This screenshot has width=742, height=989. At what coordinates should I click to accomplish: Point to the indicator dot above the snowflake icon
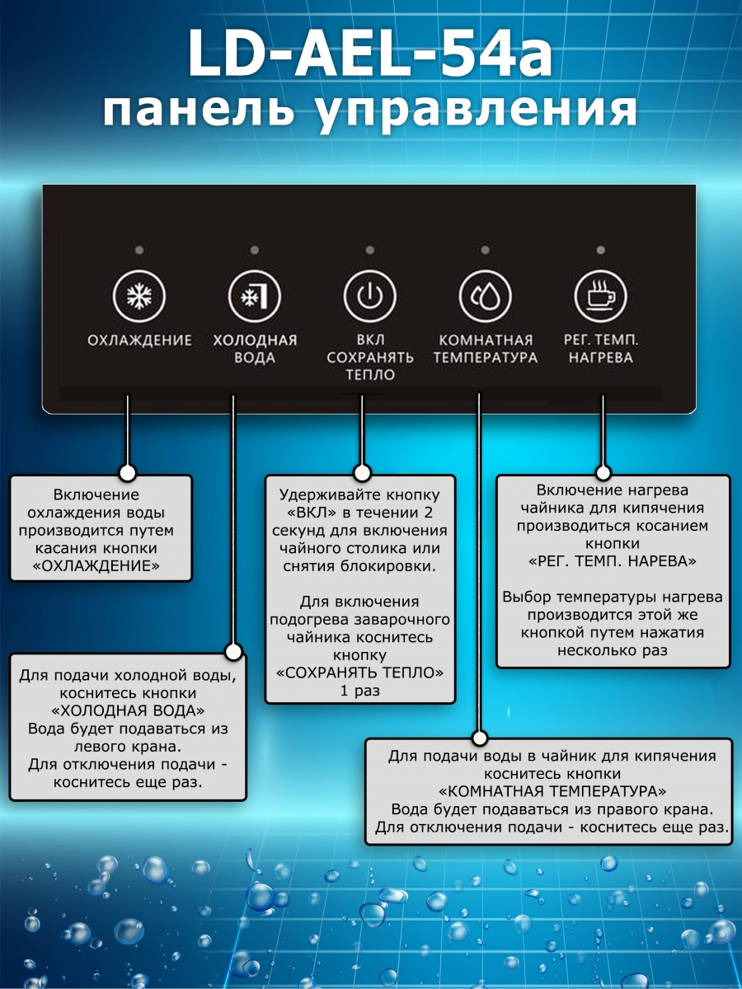(139, 250)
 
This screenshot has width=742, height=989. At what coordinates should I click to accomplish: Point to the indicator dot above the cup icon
(600, 250)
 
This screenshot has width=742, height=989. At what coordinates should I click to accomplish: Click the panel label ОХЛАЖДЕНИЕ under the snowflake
(139, 340)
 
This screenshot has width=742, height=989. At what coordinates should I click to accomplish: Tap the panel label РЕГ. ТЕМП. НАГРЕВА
(600, 349)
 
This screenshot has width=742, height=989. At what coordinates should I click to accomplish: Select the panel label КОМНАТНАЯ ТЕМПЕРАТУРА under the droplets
(485, 349)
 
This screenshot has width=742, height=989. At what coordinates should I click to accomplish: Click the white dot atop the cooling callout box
(127, 473)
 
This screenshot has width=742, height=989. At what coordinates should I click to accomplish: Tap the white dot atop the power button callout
(361, 472)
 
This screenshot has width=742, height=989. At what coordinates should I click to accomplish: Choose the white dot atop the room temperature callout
(478, 737)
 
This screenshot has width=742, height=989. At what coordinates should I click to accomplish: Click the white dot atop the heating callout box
(603, 472)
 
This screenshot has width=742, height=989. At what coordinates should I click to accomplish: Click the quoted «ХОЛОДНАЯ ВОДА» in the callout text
(128, 710)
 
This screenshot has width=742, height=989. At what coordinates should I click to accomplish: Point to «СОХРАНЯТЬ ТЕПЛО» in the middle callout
(360, 673)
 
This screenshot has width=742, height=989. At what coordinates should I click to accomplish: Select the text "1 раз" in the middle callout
(360, 691)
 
